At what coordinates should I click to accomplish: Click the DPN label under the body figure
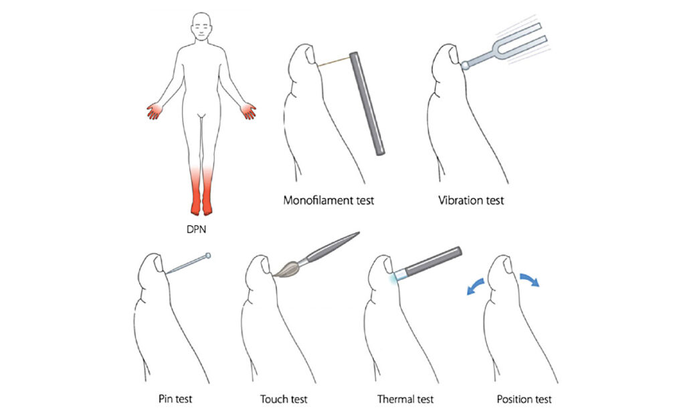point(196,229)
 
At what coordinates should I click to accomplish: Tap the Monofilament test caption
point(328,200)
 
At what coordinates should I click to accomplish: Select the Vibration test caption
point(471,200)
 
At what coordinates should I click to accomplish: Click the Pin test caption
point(175,399)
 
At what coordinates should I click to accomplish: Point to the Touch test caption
point(284,399)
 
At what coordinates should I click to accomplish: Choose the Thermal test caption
point(405,399)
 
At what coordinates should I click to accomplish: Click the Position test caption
point(524,399)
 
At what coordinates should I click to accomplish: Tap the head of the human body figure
point(202,26)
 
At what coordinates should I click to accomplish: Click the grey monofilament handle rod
point(367,102)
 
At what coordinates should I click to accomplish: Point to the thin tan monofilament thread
point(334,61)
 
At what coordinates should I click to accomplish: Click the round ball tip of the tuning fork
point(466,66)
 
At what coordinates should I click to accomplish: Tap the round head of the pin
point(208,255)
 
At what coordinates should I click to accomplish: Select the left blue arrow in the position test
point(476,287)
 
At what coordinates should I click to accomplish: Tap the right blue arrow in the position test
point(530,279)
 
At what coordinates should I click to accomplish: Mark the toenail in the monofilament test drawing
point(310,55)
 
